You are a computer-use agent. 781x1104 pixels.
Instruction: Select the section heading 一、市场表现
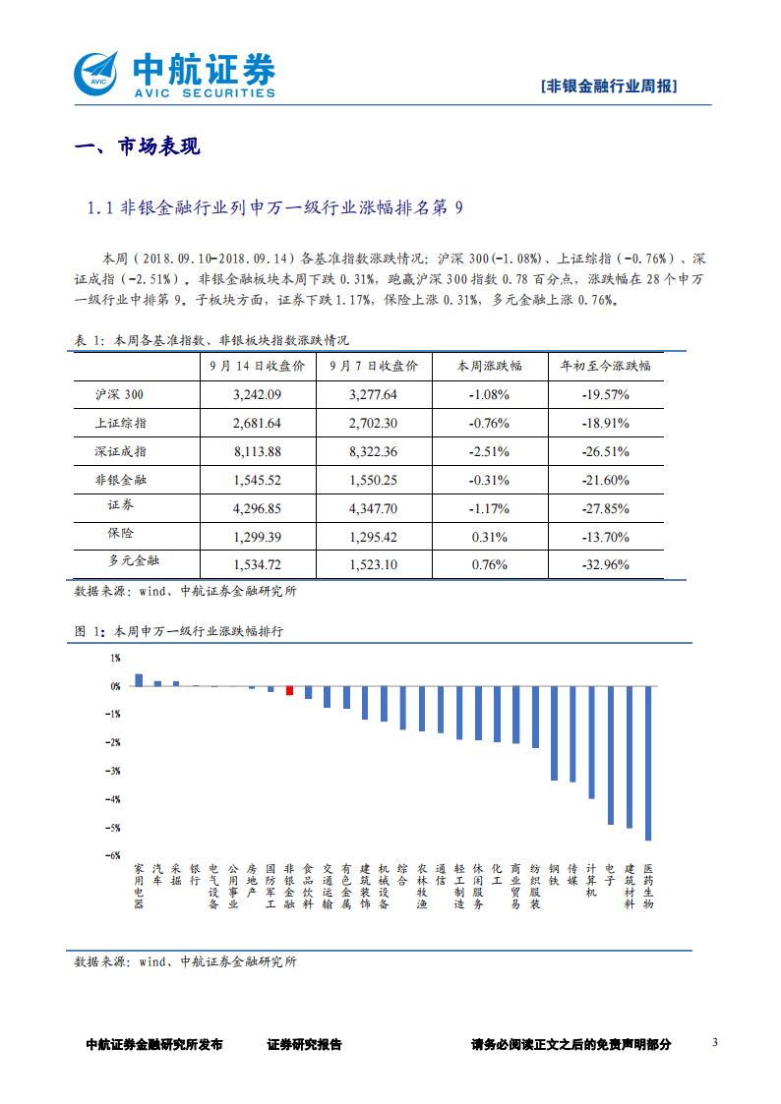(138, 147)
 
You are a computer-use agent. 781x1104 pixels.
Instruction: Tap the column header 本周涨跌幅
(489, 366)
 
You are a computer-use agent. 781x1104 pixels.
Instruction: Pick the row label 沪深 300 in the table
(119, 395)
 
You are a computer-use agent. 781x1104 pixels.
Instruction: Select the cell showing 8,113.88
(259, 452)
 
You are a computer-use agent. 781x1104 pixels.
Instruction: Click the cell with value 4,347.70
(373, 509)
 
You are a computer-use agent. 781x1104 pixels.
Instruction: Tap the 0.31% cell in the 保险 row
(489, 538)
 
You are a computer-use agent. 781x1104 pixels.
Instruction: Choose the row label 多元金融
(133, 561)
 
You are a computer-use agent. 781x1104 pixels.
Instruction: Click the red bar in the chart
(289, 690)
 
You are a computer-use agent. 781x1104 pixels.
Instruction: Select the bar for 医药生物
(648, 763)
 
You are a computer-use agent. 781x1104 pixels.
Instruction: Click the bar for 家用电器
(139, 679)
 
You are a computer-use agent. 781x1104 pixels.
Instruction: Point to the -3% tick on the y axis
(114, 771)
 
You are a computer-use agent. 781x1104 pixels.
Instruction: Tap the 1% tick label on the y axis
(115, 658)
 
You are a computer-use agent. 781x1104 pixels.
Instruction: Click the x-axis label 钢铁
(554, 875)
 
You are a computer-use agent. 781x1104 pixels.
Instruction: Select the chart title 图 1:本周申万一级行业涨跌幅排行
(179, 632)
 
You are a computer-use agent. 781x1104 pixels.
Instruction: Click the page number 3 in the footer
(716, 1043)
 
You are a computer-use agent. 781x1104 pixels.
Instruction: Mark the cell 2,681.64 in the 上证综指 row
(259, 424)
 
